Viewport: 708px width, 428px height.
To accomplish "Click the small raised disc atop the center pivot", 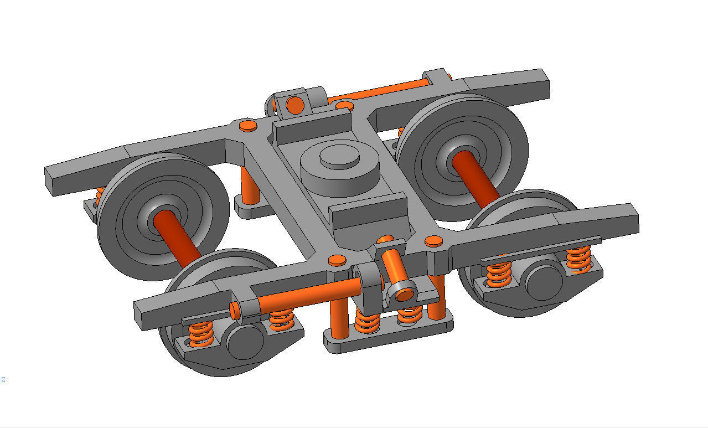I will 339,157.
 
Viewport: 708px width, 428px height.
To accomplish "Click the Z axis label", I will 3,379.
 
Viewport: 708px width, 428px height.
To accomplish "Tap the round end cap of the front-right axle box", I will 544,282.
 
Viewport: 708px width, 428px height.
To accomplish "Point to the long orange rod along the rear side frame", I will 376,91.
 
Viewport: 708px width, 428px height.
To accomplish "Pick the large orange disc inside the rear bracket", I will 296,105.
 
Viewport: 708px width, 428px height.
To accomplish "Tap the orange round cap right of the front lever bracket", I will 433,240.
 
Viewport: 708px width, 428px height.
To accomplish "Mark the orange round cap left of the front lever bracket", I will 336,260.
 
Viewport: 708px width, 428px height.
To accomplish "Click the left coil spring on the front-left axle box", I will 200,334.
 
